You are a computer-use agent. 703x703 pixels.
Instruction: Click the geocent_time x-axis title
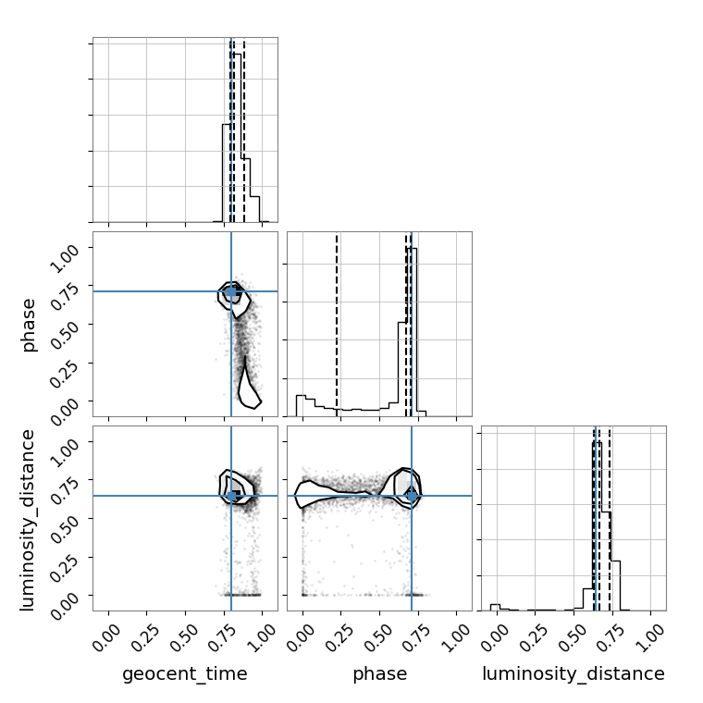(185, 673)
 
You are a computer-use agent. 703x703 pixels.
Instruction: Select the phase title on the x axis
(380, 673)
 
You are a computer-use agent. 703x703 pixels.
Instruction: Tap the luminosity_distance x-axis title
(573, 673)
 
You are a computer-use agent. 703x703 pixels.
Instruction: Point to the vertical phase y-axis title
(28, 325)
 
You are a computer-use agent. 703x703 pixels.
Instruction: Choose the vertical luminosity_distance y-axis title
(28, 520)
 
